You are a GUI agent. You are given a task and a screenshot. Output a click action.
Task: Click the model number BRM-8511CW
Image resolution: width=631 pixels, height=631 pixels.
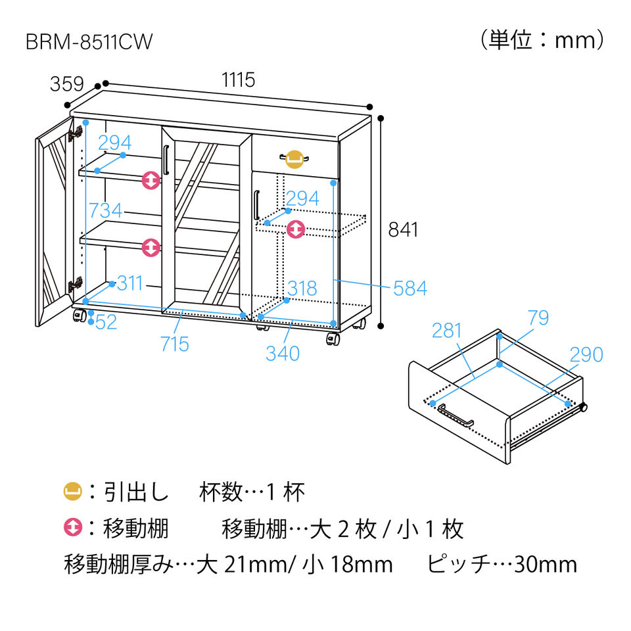pos(89,42)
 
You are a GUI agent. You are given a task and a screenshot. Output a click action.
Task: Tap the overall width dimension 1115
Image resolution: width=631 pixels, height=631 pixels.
pos(238,81)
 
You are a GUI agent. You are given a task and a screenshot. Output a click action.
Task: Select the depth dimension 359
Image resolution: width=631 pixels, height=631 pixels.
pos(66,84)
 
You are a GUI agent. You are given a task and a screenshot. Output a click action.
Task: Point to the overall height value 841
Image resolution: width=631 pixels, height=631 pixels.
pos(403,229)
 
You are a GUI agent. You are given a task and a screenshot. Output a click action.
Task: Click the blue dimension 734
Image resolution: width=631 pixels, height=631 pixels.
pos(105,210)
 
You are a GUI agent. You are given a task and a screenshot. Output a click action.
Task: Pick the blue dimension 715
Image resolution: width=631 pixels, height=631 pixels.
pos(174,344)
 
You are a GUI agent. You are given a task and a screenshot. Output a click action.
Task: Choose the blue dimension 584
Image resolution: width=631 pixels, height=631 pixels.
pos(410,288)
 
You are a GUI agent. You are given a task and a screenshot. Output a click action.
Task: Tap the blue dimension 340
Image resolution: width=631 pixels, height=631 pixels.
pos(283,353)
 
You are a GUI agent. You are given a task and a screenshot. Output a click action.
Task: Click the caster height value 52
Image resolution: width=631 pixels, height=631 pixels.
pos(106,322)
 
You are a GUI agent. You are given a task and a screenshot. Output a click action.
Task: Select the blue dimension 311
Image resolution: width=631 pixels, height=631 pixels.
pos(130,284)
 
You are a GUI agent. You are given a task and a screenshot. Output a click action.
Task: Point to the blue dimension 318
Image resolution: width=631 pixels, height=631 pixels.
pos(302,288)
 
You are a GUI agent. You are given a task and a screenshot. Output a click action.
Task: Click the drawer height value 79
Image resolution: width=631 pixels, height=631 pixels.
pos(538,318)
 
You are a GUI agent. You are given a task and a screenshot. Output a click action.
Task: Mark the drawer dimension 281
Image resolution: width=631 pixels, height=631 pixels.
pos(448,331)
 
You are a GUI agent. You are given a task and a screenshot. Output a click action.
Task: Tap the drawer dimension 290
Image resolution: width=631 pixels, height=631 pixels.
pos(586,354)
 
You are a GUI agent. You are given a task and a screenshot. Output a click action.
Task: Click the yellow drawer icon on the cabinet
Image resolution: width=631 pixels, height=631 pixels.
pos(294,158)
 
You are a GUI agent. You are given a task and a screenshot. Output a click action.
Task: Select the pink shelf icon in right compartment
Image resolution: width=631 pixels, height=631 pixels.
pos(296,229)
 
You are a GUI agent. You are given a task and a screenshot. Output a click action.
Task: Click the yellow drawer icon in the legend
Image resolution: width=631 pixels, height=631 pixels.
pos(72,491)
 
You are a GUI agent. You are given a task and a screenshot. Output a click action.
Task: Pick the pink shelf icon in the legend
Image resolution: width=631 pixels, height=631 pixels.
pos(72,527)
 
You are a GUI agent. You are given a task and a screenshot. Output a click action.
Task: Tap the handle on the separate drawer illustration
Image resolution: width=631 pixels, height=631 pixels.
pos(456,415)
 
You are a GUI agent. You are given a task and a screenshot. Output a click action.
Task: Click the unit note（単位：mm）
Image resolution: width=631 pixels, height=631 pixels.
pos(542,41)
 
